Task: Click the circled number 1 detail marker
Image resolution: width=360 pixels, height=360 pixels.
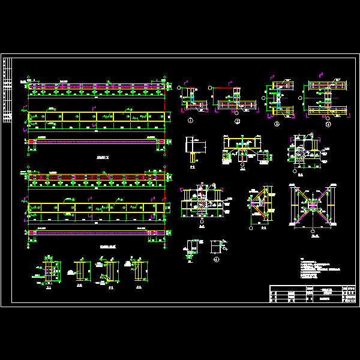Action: pos(190,121)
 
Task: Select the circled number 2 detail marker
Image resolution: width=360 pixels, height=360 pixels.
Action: pos(237,121)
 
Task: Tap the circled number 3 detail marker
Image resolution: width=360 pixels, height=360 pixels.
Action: pos(277,124)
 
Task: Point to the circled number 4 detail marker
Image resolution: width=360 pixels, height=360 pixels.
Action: pos(328,124)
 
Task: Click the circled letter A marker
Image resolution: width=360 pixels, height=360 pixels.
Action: pos(216,259)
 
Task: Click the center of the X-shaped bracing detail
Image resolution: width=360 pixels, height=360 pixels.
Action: pos(312,206)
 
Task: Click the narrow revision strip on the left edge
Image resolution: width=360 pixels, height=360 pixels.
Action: pos(7,90)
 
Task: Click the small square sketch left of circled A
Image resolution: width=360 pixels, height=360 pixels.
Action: pos(215,247)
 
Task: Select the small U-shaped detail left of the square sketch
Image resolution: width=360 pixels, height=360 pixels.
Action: pos(191,247)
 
